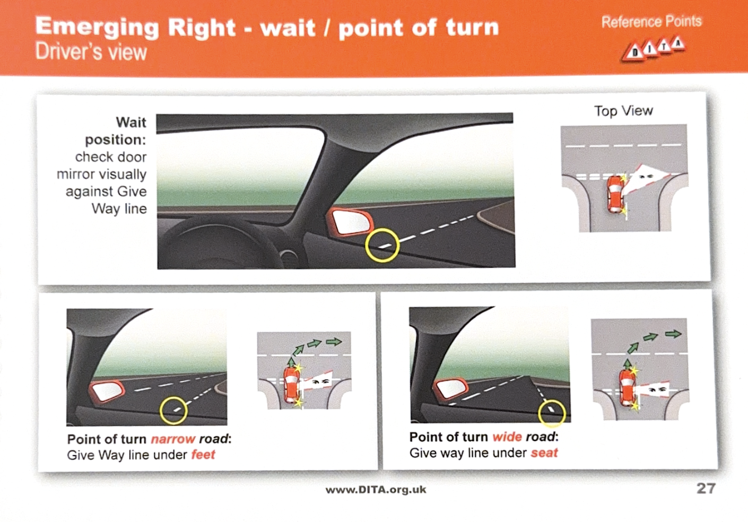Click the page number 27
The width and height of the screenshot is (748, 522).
tap(706, 489)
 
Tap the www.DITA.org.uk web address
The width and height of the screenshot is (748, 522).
tap(376, 490)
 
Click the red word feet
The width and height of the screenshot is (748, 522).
tap(203, 455)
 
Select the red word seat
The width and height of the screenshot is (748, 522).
tap(544, 453)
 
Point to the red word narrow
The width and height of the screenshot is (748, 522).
tap(173, 439)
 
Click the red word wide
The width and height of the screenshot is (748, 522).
tap(507, 437)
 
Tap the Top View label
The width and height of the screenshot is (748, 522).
tap(623, 111)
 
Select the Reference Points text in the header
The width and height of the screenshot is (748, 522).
tap(651, 22)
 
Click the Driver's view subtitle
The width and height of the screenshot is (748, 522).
tap(91, 52)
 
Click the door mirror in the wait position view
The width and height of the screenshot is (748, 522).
tap(351, 222)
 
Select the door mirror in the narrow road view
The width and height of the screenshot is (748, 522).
tap(107, 391)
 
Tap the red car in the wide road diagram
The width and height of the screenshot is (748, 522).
tap(628, 388)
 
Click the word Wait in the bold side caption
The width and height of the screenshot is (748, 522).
tap(131, 122)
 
